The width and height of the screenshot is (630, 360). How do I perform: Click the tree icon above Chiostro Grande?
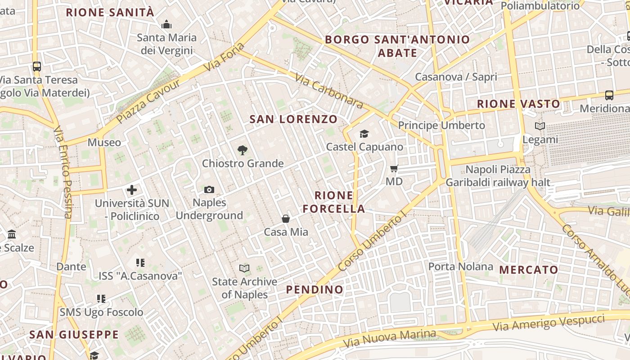(x=243, y=150)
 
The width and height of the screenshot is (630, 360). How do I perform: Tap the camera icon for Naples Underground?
(x=209, y=189)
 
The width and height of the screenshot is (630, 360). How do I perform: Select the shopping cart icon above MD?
(x=394, y=169)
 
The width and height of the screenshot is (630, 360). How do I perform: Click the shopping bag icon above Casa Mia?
(x=286, y=219)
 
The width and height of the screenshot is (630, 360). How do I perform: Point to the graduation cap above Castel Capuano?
(x=364, y=134)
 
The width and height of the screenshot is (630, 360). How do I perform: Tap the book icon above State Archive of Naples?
(x=244, y=269)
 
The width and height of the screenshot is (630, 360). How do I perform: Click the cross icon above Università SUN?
(x=132, y=190)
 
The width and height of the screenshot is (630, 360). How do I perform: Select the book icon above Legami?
(x=540, y=126)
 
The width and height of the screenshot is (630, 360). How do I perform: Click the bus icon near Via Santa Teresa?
(x=37, y=67)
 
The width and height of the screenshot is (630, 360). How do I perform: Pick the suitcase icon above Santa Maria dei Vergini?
(x=166, y=24)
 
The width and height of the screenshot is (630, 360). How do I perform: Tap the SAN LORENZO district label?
(x=293, y=119)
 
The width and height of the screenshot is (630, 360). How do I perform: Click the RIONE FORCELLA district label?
(x=334, y=202)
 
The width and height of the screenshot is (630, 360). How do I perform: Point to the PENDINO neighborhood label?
(x=315, y=289)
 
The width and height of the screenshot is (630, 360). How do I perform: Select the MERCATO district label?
(x=529, y=270)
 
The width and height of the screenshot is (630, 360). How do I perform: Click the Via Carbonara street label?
(x=329, y=91)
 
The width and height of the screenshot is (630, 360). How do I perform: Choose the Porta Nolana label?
(x=461, y=266)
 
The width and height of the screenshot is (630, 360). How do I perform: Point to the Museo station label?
(x=104, y=143)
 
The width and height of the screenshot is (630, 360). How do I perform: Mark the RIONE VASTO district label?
(x=518, y=104)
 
